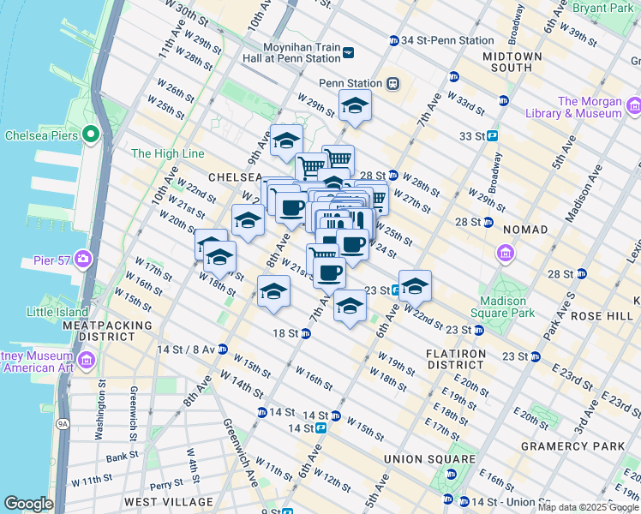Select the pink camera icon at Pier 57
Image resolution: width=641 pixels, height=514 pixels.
click(x=82, y=258)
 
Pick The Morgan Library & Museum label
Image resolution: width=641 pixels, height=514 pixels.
click(x=590, y=107)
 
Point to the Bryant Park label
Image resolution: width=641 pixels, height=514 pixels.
click(x=609, y=9)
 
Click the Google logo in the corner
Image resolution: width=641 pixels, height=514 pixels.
click(x=28, y=504)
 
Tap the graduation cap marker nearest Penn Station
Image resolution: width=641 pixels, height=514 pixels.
click(x=355, y=106)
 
